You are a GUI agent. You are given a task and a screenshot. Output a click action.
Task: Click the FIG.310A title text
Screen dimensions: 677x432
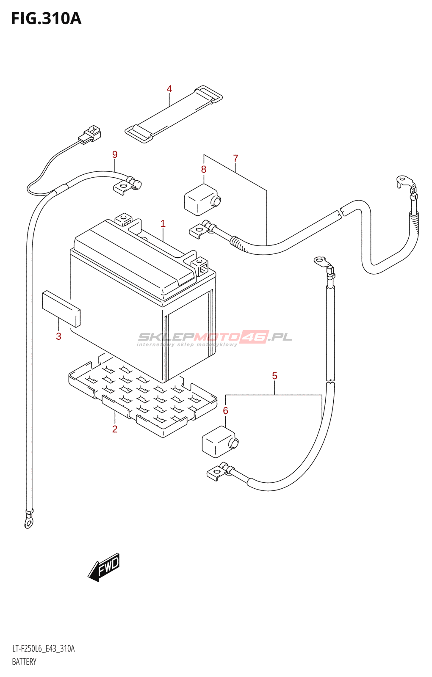[46, 19]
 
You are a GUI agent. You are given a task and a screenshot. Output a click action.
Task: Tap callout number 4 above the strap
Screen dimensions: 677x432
[169, 89]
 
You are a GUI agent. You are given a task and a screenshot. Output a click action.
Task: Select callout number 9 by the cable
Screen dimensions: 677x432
[115, 154]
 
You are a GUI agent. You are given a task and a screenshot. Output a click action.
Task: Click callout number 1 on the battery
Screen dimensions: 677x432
[163, 223]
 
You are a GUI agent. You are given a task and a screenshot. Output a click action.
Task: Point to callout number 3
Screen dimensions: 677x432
[58, 336]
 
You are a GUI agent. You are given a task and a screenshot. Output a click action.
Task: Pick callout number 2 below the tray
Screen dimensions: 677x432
[115, 429]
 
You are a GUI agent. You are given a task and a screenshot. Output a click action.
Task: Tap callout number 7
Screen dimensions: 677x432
[235, 158]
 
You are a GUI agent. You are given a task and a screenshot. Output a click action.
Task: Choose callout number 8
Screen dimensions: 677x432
[204, 169]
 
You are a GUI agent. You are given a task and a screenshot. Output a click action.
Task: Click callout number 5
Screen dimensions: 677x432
[275, 376]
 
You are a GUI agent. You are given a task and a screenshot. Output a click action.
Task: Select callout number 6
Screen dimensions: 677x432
[225, 410]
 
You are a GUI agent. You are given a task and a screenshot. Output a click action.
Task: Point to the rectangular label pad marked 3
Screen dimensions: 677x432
[61, 308]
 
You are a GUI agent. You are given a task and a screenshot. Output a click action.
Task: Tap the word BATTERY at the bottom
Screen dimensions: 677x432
[24, 662]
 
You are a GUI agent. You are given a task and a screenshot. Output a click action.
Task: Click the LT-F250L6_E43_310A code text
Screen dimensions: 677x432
[43, 649]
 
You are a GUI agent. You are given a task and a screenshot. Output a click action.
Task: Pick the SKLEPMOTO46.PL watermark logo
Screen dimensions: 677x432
[215, 338]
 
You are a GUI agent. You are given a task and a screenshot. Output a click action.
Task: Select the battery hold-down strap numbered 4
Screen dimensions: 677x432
[174, 114]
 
